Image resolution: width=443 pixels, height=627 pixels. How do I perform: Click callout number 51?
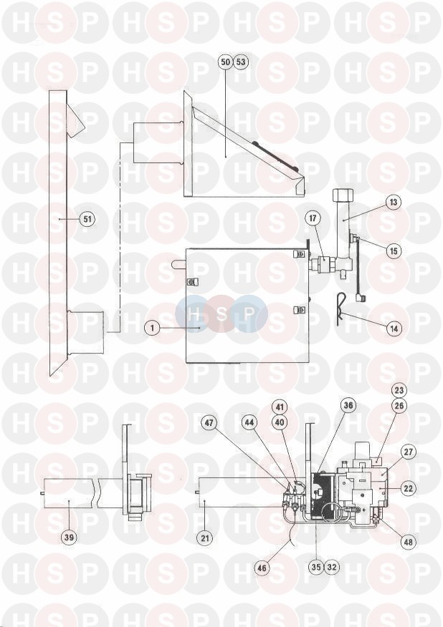point(87,219)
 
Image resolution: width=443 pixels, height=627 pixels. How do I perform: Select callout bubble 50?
point(226,62)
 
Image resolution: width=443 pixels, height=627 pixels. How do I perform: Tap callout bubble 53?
point(241,62)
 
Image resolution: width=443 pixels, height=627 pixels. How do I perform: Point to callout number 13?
point(394,202)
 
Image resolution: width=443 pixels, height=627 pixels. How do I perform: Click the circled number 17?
point(313,218)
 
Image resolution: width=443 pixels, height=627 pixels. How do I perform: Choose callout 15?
point(394,251)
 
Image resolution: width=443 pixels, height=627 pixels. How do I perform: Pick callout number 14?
point(394,329)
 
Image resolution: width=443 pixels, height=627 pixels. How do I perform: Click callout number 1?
point(152,328)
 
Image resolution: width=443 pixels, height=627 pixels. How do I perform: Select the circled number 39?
point(70,537)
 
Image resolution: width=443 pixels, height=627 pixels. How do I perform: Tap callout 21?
point(205,538)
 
